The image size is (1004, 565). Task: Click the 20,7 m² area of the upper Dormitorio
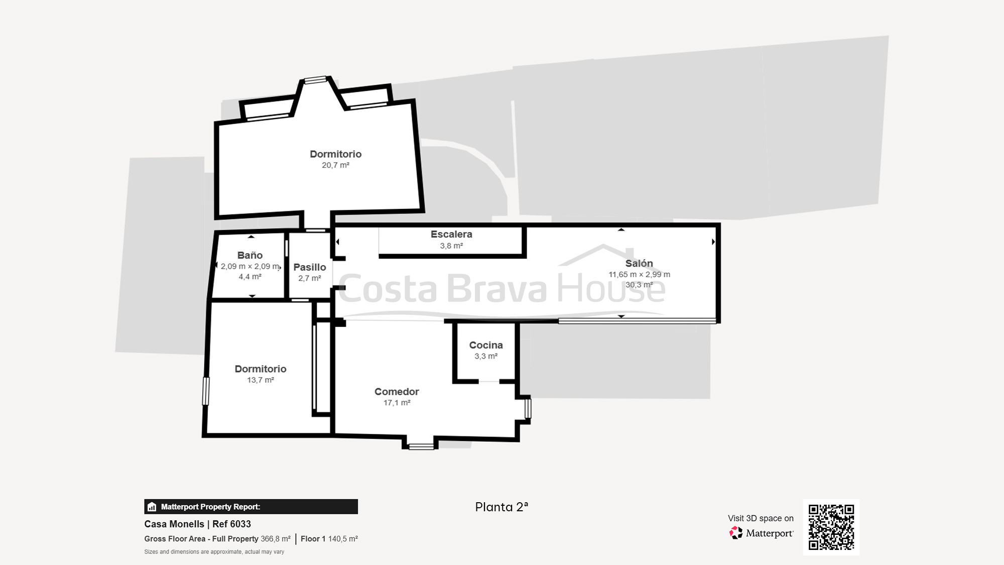pos(335,165)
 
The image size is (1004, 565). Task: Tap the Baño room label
pos(249,255)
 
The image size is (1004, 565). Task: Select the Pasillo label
pos(310,267)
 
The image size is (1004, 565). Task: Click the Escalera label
pos(451,234)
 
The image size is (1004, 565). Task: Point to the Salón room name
pos(639,263)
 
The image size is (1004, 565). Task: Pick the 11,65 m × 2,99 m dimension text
pos(639,274)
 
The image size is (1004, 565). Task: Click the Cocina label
pos(485,345)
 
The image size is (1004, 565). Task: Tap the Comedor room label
pos(397,391)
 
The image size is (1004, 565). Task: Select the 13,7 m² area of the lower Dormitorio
pos(260,380)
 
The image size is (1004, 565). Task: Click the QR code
pos(831,527)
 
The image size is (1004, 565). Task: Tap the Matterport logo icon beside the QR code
pos(736,533)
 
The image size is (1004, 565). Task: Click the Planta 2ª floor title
pos(501,507)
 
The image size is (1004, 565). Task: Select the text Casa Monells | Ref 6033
pos(197,524)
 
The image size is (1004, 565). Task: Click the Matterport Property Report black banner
pos(250,506)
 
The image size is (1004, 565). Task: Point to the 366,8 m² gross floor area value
pos(275,539)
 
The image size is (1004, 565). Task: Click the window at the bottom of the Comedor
pos(421,446)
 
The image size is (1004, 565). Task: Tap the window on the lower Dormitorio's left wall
pos(205,391)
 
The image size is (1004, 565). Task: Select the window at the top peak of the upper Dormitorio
pos(315,79)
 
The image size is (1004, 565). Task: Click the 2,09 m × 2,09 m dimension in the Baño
pos(249,266)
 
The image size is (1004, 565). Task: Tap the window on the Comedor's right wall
pos(528,408)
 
